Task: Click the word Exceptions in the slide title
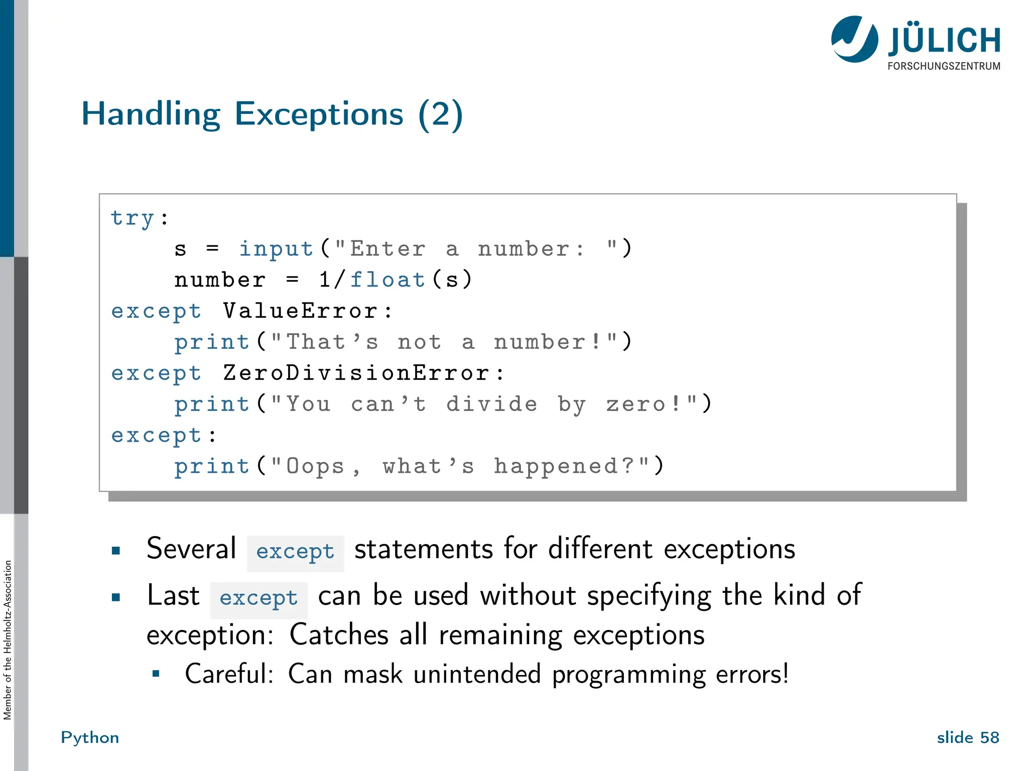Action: pos(319,114)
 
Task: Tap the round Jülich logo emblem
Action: pos(854,39)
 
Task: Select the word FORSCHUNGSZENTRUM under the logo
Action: pos(944,66)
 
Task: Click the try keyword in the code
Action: pos(133,218)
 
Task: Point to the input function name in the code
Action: pos(276,249)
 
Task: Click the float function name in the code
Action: pos(388,280)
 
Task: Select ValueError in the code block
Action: pos(300,311)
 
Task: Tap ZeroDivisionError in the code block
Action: pos(356,373)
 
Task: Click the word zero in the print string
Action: pos(636,404)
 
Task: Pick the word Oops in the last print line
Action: pos(315,466)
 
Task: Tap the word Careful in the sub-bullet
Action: pos(228,674)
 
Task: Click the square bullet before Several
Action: pos(116,551)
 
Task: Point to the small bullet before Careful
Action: pos(156,674)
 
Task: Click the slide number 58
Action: pos(989,737)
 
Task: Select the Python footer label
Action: pos(90,737)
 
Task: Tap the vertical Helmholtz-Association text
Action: pos(8,640)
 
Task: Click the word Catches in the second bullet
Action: pos(339,635)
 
